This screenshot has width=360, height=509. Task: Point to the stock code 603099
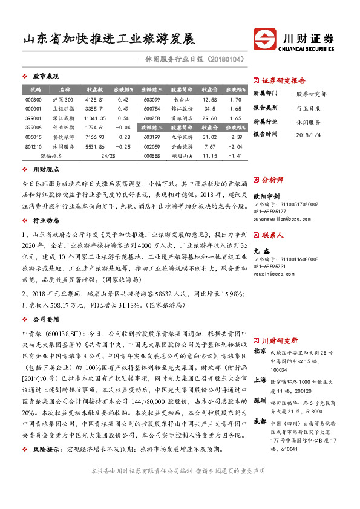151,99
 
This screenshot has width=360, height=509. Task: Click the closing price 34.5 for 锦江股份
210,109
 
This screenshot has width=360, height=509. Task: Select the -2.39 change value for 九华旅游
236,137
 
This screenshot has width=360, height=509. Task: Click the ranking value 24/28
108,156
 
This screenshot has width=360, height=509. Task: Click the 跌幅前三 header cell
151,128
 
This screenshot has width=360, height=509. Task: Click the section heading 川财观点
46,170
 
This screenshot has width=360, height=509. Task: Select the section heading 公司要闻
46,316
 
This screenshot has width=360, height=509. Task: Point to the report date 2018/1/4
311,134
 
